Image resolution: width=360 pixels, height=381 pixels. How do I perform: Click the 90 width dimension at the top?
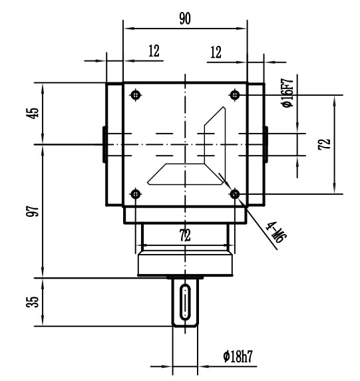[x=185, y=19]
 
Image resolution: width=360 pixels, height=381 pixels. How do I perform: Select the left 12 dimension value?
[x=154, y=52]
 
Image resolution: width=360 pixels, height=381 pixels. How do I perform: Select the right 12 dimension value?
[x=216, y=52]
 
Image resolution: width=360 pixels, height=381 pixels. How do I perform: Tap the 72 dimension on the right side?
[x=324, y=144]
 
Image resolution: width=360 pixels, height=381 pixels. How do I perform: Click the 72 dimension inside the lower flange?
[x=184, y=235]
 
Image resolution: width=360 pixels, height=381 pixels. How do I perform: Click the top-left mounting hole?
[x=136, y=94]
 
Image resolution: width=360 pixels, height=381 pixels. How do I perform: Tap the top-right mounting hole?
[x=234, y=94]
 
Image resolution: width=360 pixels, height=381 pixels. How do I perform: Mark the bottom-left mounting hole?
[x=136, y=193]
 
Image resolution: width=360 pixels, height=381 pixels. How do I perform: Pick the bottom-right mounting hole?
[x=234, y=193]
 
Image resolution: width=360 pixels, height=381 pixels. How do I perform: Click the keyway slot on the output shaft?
[x=184, y=303]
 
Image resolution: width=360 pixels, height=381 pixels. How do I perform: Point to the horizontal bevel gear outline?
[x=184, y=174]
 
